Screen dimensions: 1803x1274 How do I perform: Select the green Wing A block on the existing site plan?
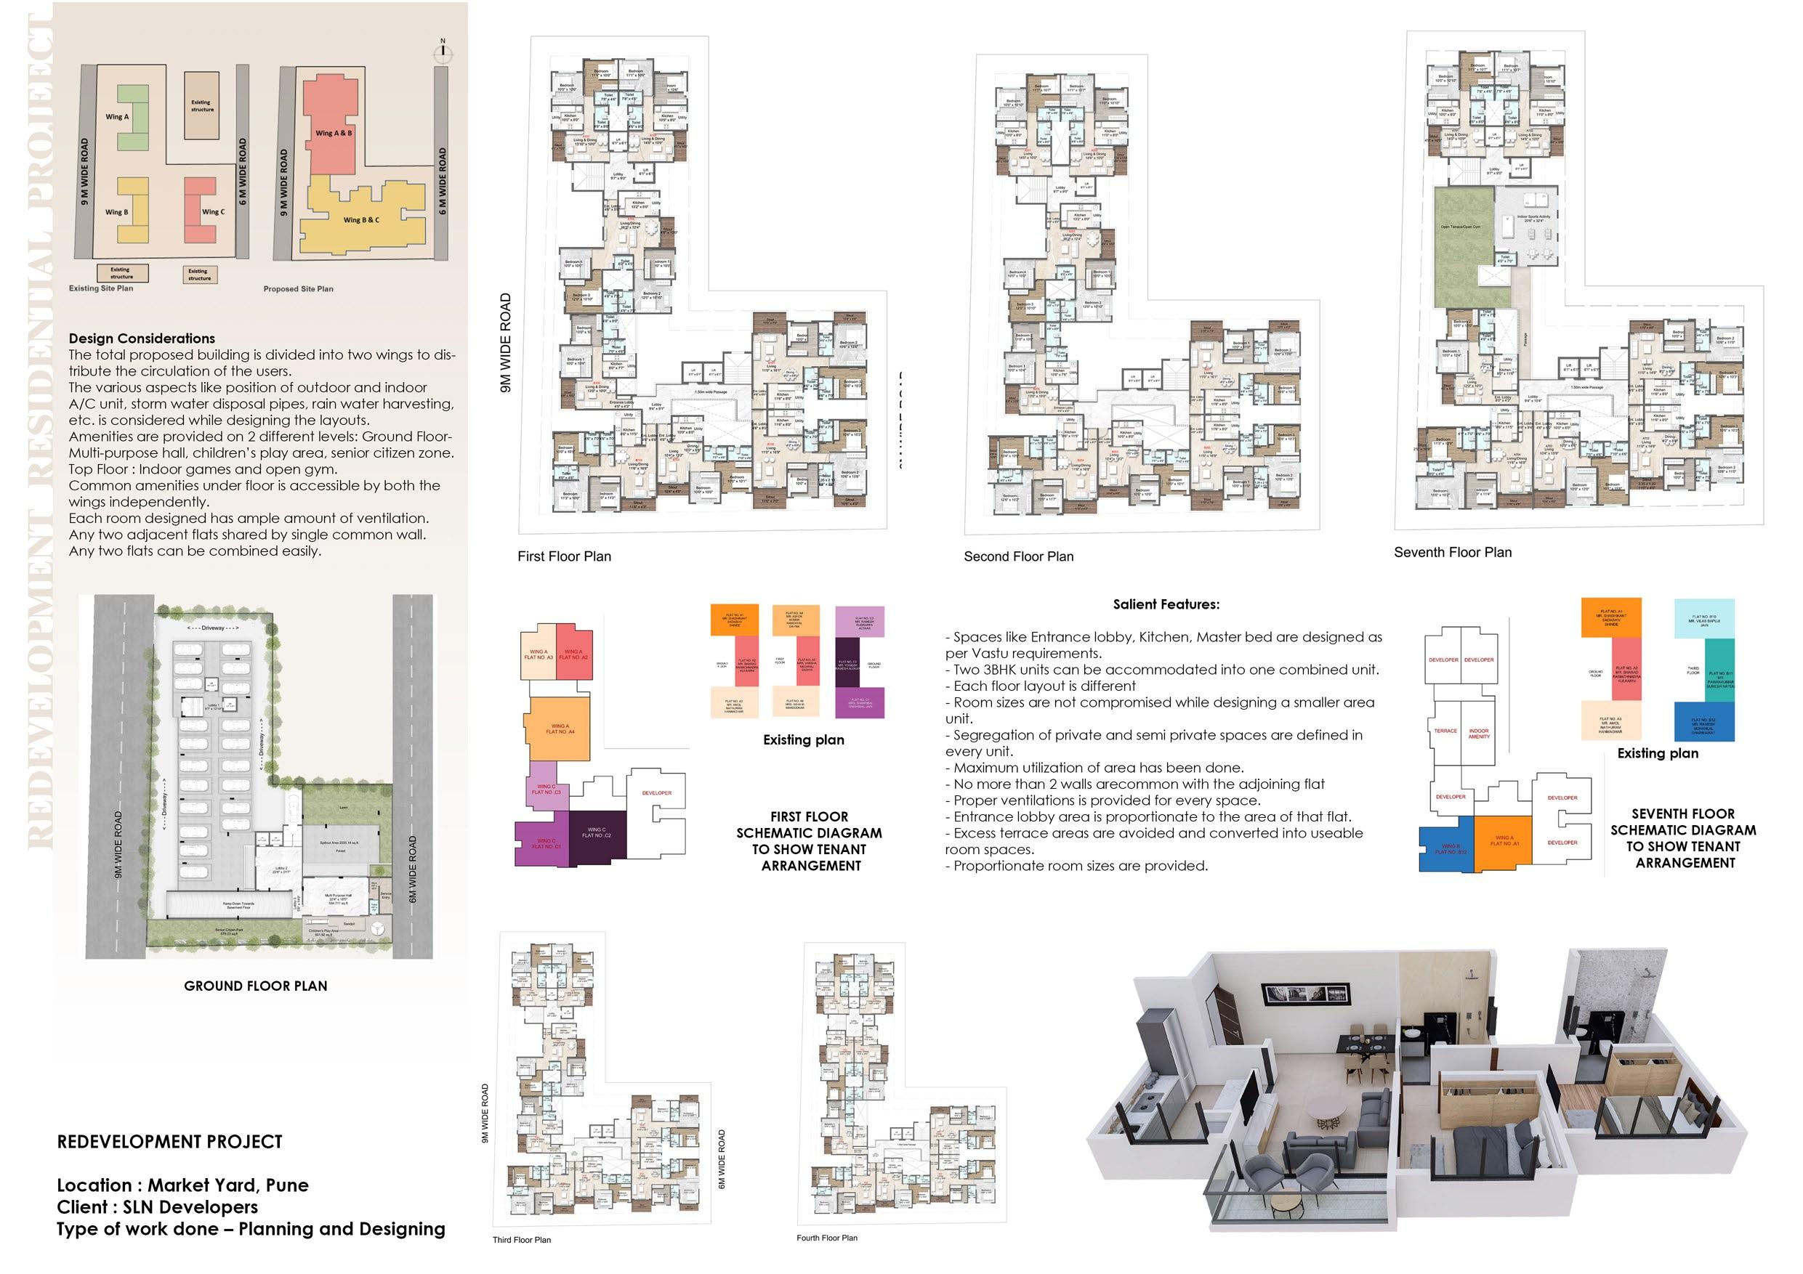point(133,118)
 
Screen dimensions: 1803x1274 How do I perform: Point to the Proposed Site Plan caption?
point(299,289)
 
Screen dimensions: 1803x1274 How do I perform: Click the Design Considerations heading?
point(142,338)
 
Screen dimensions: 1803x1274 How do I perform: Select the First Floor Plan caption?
point(564,556)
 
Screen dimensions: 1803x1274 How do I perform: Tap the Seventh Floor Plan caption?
point(1452,553)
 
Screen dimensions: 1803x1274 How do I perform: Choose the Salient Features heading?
point(1166,604)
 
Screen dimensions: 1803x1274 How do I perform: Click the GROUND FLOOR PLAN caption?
point(255,986)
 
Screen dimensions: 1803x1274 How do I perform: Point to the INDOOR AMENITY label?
point(1479,733)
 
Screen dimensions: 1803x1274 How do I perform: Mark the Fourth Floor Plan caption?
point(826,1238)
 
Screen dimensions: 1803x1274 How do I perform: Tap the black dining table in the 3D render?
point(1366,1044)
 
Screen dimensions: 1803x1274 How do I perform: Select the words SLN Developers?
point(190,1207)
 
